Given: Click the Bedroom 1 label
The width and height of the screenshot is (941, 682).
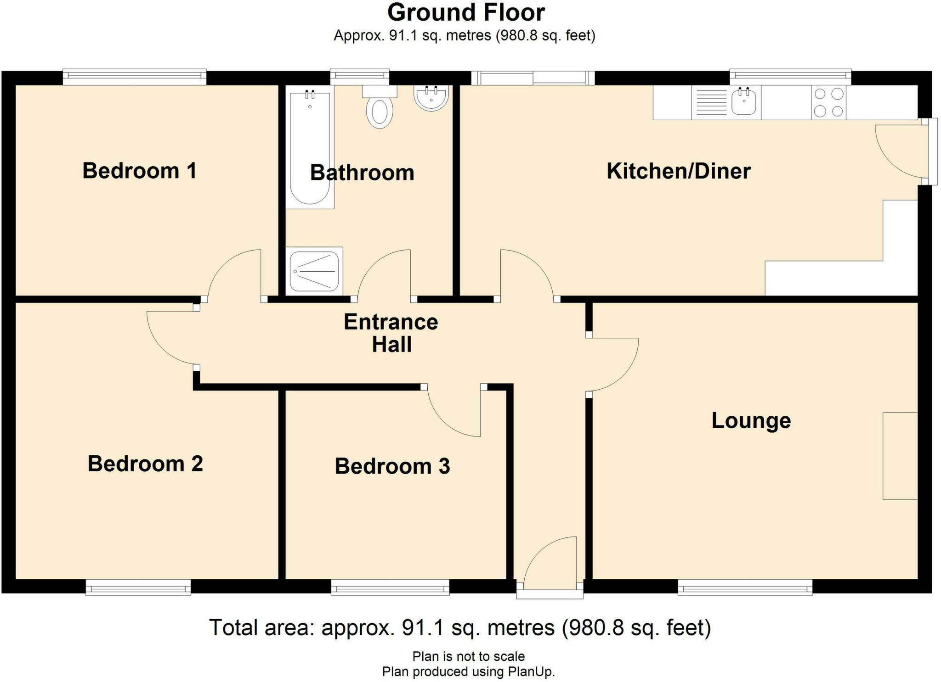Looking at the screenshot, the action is coord(140,171).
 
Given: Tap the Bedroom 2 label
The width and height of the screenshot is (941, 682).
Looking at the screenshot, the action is coord(145,464).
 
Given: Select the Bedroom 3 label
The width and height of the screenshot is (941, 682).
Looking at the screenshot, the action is coord(392,466).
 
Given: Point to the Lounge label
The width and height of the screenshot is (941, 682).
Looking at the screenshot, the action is coord(751,420).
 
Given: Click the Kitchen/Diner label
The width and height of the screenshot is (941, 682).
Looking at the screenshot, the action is coord(679,171).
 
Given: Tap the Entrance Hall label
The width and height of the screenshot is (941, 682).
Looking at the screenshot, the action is coord(391,333).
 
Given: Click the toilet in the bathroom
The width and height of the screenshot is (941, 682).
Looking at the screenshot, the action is coord(380,106).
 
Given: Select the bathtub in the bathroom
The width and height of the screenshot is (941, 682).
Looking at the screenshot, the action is coord(310,147).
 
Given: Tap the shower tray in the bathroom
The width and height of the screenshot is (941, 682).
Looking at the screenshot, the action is coord(314,271).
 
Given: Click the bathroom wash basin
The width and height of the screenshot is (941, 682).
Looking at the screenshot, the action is coord(431,98).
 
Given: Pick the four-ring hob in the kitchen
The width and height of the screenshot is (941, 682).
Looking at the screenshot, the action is coord(828,102).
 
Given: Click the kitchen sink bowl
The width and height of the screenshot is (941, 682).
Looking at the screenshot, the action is coord(744,102).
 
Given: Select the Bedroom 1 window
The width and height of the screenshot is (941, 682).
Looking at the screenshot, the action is coord(135,77).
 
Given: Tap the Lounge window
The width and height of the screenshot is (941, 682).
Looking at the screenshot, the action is coord(745,587).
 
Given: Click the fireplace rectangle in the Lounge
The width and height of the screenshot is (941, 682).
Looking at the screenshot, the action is coord(900,456).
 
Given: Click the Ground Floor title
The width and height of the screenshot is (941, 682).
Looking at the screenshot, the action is coord(466,12).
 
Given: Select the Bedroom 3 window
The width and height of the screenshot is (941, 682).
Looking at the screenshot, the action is coord(390,587).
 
